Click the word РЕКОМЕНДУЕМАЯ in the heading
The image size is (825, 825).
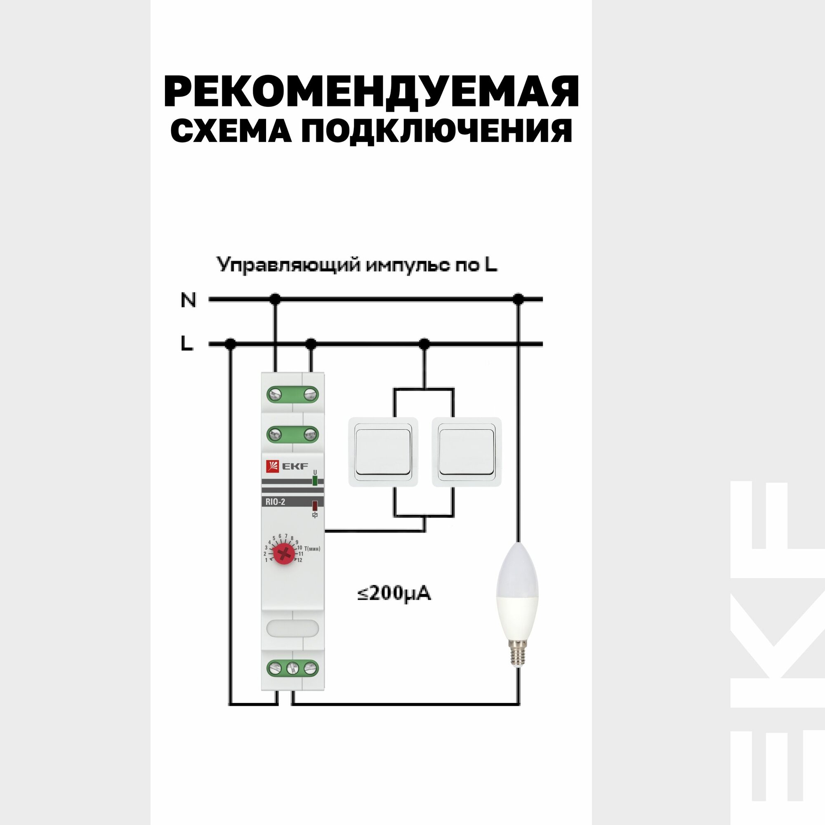pyautogui.click(x=371, y=92)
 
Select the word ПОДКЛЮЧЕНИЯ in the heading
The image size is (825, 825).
pyautogui.click(x=436, y=131)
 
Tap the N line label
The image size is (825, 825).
pyautogui.click(x=188, y=300)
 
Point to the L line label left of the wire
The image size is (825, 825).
pyautogui.click(x=186, y=344)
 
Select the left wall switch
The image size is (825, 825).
pyautogui.click(x=383, y=452)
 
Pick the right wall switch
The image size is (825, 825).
pyautogui.click(x=466, y=452)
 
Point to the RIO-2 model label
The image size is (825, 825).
pyautogui.click(x=275, y=502)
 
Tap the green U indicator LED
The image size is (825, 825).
pyautogui.click(x=315, y=481)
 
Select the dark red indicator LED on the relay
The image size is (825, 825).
pyautogui.click(x=315, y=506)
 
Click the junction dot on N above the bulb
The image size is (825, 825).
pyautogui.click(x=519, y=299)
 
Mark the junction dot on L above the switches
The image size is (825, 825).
pyautogui.click(x=424, y=343)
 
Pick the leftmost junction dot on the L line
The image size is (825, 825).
pyautogui.click(x=231, y=343)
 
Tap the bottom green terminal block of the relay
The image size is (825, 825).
pyautogui.click(x=292, y=668)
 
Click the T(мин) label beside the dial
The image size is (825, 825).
pyautogui.click(x=312, y=549)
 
